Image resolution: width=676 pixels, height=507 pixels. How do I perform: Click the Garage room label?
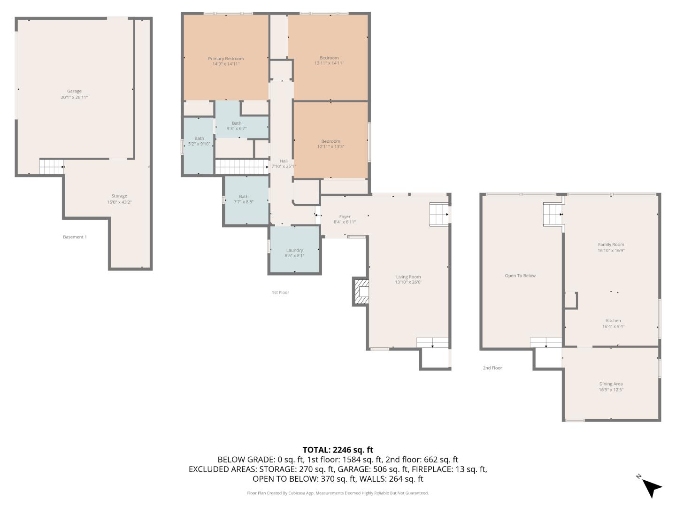point(74,91)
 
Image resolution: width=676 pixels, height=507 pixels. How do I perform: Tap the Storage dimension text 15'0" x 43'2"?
point(119,202)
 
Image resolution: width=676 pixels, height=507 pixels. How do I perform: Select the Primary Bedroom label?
point(226,59)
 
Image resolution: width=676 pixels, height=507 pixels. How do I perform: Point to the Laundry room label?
point(294,250)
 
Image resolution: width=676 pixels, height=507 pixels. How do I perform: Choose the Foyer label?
point(345,217)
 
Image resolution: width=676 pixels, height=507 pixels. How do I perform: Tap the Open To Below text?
point(520,276)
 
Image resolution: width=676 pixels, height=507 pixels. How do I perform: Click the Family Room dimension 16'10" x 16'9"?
point(611,251)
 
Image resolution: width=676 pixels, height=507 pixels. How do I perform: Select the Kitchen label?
point(613,321)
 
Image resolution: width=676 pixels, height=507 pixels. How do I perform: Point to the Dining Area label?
point(611,384)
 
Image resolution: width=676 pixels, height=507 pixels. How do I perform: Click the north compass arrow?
point(651,487)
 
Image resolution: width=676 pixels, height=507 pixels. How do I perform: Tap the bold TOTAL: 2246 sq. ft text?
point(338,450)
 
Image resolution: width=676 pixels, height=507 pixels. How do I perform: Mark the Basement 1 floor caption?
point(75,237)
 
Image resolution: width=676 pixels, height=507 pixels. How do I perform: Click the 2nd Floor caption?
point(492,368)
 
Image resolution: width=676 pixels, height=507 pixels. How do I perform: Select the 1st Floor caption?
point(280,292)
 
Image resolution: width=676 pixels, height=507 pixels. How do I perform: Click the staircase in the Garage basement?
point(51,167)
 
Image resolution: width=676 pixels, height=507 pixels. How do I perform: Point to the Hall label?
point(284,161)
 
